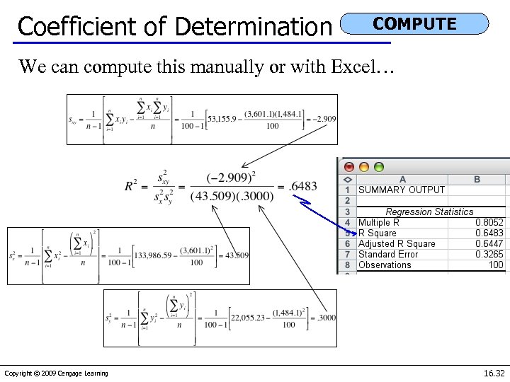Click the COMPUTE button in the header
point(414,23)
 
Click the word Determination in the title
point(253,27)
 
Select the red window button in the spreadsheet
point(349,168)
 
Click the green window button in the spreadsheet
point(379,168)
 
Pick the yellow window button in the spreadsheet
point(364,168)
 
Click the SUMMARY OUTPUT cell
point(402,190)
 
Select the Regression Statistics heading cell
point(429,212)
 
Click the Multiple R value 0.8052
point(489,222)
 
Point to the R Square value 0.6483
point(489,233)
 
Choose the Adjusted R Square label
point(397,244)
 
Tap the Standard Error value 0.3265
point(489,255)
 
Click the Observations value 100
point(495,265)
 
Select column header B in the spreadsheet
point(477,180)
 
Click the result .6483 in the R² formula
point(303,186)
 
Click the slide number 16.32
point(494,373)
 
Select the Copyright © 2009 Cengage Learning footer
point(56,374)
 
